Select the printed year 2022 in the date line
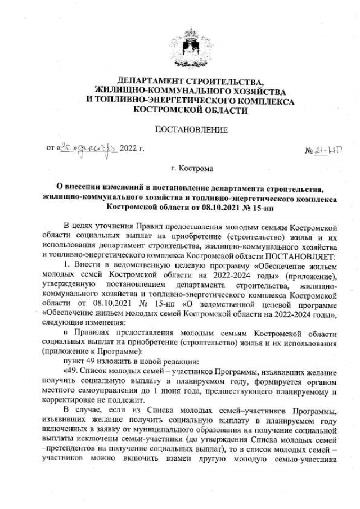click(129, 149)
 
